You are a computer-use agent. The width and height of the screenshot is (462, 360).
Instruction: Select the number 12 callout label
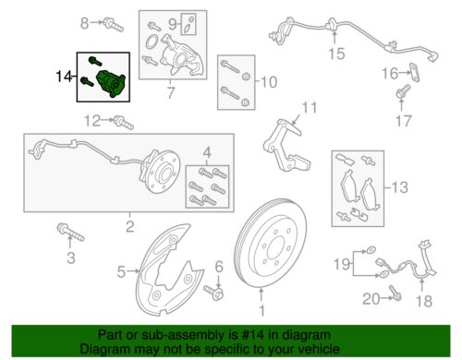[x=91, y=120]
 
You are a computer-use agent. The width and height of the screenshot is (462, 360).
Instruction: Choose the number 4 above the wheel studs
[x=206, y=151]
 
